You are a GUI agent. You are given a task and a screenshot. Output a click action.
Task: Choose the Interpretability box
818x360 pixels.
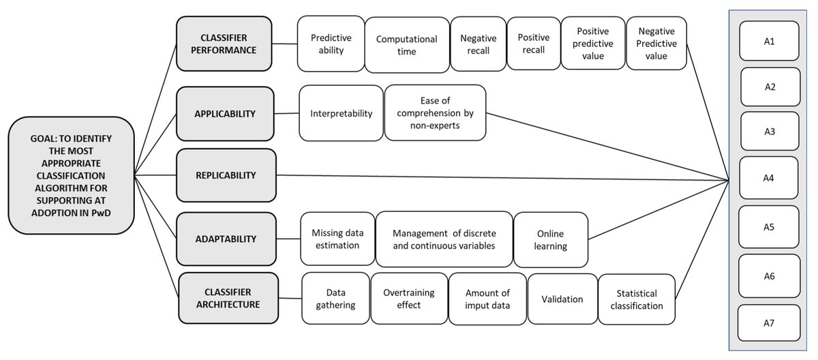pyautogui.click(x=342, y=113)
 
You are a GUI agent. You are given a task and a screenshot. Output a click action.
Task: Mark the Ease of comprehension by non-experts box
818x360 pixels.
pyautogui.click(x=435, y=113)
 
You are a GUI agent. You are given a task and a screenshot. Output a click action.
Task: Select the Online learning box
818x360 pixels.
pyautogui.click(x=549, y=239)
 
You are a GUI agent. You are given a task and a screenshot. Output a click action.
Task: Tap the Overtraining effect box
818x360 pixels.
pyautogui.click(x=409, y=299)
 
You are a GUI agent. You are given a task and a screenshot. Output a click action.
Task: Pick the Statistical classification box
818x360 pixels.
pyautogui.click(x=637, y=299)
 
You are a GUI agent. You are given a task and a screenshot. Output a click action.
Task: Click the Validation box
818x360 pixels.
pyautogui.click(x=562, y=299)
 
